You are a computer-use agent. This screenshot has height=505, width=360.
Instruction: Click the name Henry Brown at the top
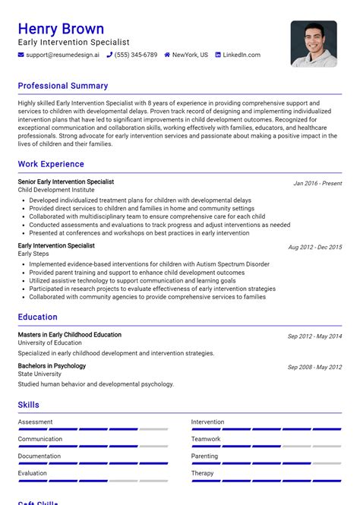(x=61, y=29)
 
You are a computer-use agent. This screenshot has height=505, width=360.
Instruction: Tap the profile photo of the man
(x=313, y=43)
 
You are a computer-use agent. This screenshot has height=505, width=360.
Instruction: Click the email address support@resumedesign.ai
(x=62, y=55)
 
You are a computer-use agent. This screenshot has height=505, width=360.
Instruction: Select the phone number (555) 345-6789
(x=136, y=55)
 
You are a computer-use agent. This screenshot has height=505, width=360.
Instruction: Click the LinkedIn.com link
(x=242, y=55)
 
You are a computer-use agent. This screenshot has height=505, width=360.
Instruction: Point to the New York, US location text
(x=190, y=55)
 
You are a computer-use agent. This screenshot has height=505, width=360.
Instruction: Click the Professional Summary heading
(x=63, y=86)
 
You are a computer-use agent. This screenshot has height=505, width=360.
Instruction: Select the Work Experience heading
(x=51, y=164)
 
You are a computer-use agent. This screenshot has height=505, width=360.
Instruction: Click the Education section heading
(x=38, y=317)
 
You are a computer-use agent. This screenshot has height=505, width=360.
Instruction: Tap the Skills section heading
(x=29, y=405)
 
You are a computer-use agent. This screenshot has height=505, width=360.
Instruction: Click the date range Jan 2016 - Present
(x=317, y=184)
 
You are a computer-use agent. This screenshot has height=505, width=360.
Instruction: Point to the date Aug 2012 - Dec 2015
(x=314, y=248)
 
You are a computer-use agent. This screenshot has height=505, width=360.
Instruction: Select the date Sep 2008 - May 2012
(x=314, y=368)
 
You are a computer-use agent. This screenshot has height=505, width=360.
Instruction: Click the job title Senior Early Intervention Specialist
(x=66, y=182)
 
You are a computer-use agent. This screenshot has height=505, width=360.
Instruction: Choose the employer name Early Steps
(x=33, y=254)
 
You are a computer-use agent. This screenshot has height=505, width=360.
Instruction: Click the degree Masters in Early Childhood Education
(x=70, y=335)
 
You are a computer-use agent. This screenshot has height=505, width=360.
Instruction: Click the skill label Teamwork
(x=206, y=439)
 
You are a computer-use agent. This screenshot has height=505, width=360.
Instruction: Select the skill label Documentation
(x=39, y=456)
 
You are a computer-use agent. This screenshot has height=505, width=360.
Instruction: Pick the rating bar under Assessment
(x=93, y=429)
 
